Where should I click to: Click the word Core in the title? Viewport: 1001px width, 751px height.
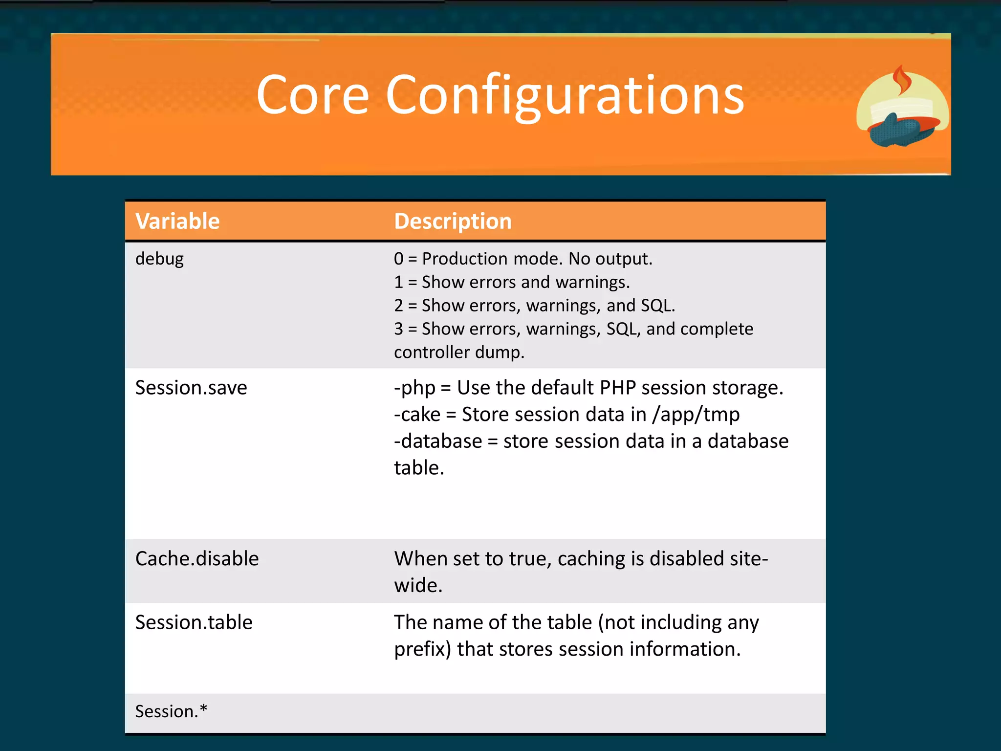point(313,95)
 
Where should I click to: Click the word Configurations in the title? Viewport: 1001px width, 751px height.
point(565,95)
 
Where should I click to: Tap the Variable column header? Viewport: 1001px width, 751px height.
point(177,221)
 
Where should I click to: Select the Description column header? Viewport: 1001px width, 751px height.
point(453,221)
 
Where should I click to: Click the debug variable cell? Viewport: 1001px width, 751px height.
point(159,259)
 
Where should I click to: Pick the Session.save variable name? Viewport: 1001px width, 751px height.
point(191,388)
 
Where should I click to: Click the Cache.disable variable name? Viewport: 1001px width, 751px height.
point(197,559)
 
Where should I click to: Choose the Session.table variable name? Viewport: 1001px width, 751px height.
point(194,622)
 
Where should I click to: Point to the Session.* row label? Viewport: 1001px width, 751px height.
point(171,711)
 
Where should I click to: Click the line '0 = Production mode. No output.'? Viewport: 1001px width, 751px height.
point(523,259)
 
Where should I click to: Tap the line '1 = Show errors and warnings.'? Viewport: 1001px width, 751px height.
point(512,282)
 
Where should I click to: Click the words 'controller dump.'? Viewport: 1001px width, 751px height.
point(459,352)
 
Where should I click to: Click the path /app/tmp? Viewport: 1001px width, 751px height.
point(696,415)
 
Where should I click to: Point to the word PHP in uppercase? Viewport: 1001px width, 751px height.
point(618,388)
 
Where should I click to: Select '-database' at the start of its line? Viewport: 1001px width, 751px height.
point(438,441)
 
